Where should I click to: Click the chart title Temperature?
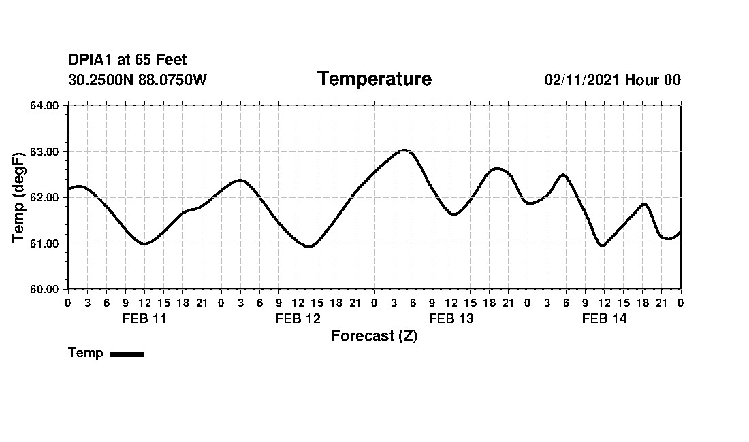374,80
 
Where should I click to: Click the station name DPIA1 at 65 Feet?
127,61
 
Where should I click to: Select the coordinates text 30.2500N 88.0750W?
138,80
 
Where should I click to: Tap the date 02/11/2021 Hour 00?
612,80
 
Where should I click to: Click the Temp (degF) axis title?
20,197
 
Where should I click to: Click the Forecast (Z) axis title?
374,336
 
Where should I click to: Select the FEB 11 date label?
144,318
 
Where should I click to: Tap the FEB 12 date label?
298,318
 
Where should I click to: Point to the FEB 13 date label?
451,318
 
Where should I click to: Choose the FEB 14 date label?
604,318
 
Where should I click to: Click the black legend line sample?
127,354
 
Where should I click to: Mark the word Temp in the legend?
86,353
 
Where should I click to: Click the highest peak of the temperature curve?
405,150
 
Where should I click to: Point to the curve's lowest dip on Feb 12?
308,246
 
